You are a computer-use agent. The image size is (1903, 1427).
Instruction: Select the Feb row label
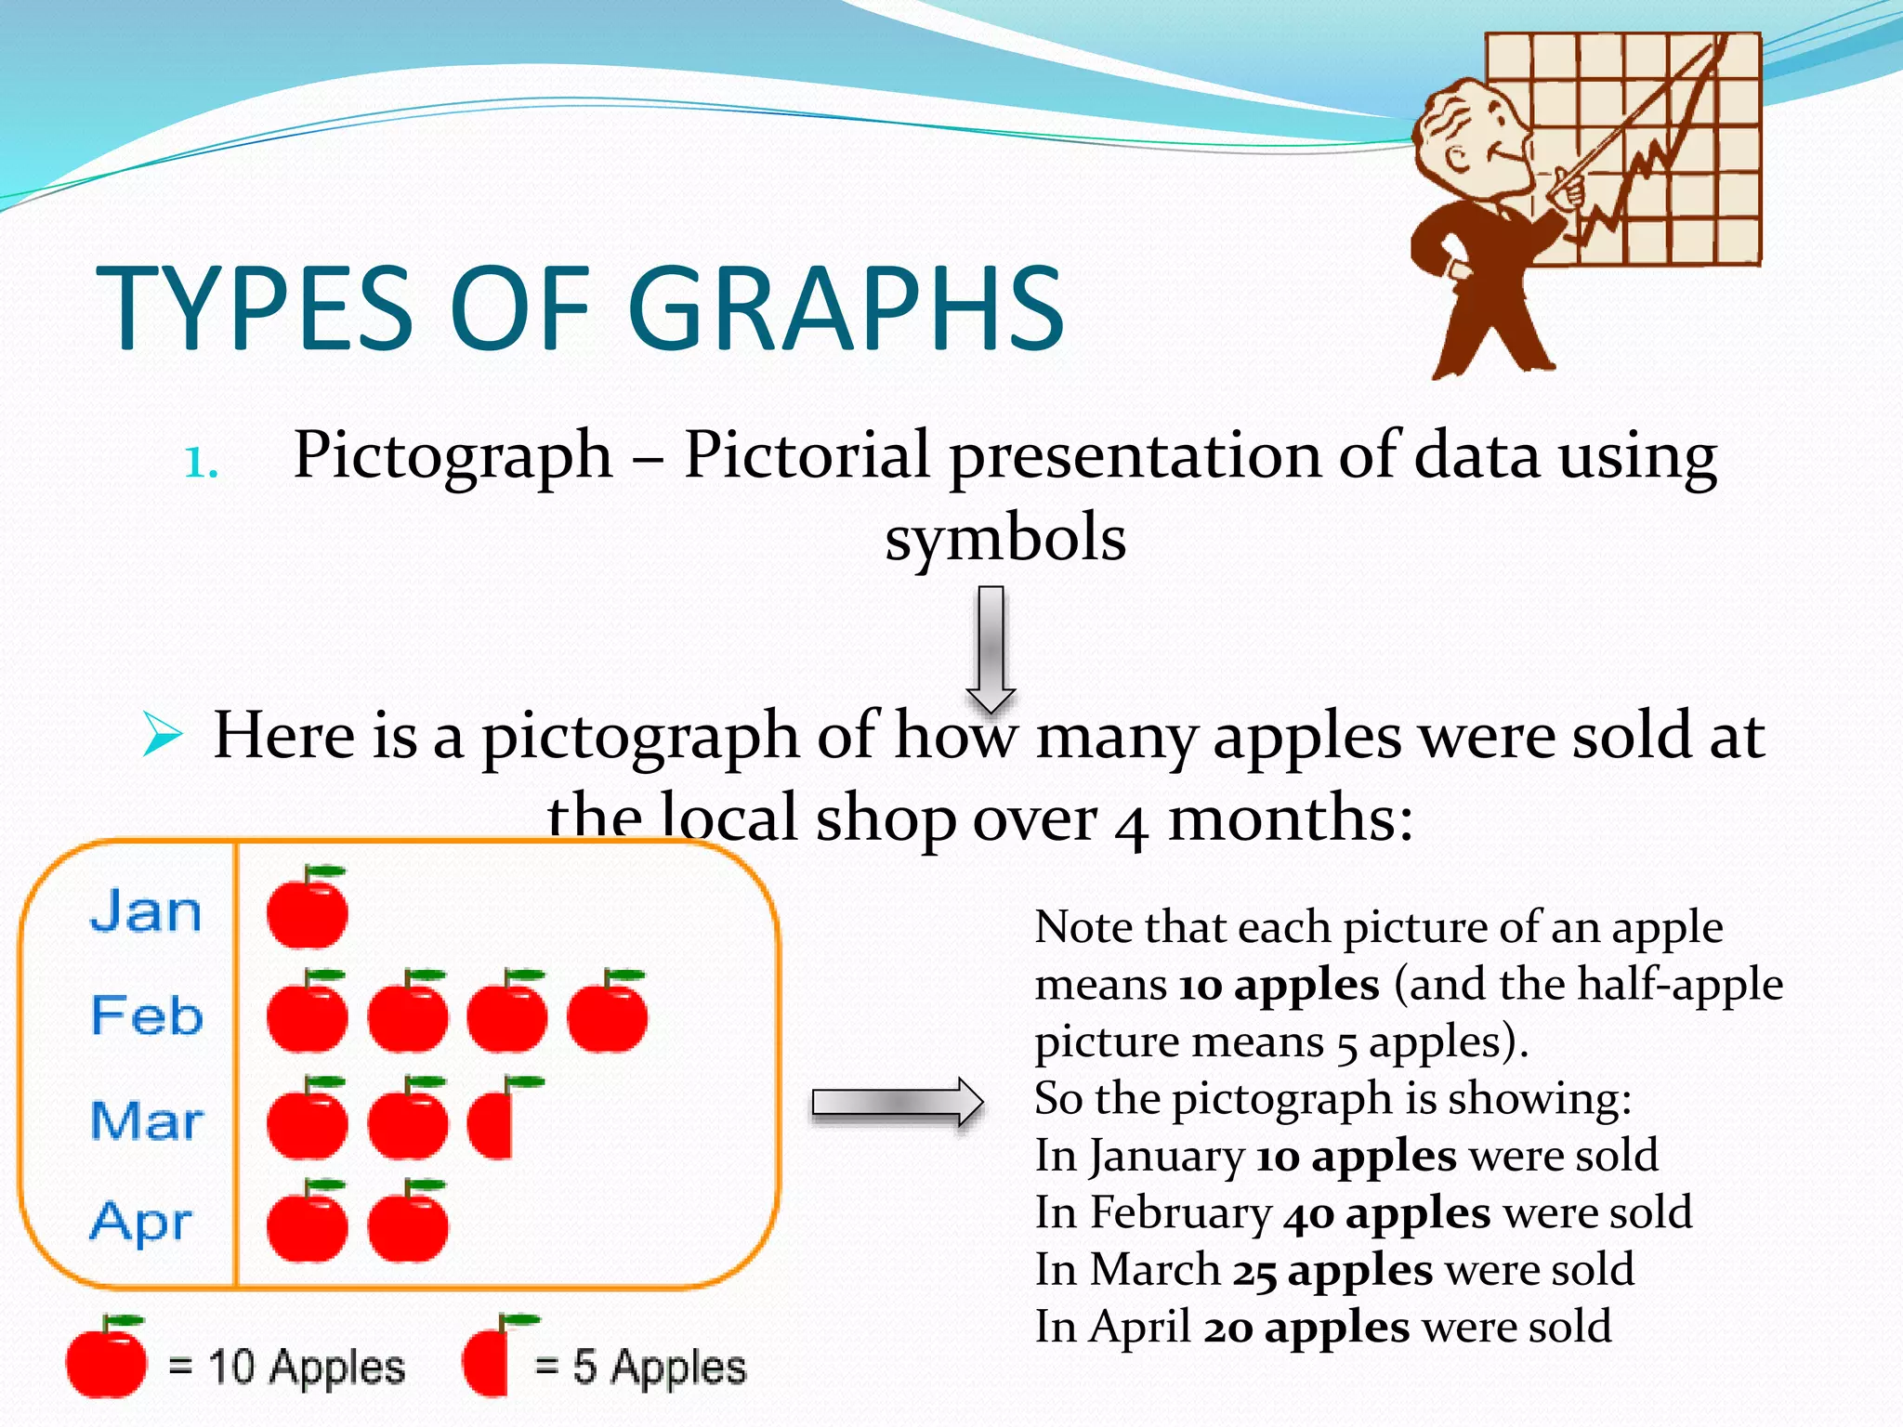(x=147, y=1015)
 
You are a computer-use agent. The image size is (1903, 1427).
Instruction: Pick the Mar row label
(x=147, y=1119)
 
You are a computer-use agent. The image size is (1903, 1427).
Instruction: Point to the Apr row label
(x=141, y=1222)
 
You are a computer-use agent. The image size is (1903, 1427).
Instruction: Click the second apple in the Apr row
(x=408, y=1224)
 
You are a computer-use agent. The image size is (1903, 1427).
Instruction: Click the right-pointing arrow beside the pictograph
(x=897, y=1103)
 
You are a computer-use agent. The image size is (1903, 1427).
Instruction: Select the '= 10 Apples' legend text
(x=286, y=1367)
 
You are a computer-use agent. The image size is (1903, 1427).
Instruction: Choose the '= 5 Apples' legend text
(x=640, y=1367)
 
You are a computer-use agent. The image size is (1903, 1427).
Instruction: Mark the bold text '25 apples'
(x=1332, y=1271)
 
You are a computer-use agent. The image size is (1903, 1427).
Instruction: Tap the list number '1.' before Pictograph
(x=201, y=463)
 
